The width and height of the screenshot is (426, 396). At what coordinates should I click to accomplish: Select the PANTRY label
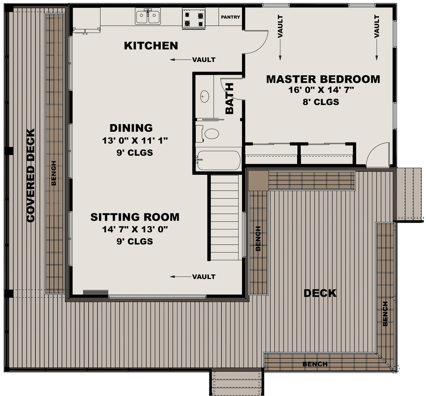click(x=230, y=17)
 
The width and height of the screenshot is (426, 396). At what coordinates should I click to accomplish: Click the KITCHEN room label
click(x=151, y=46)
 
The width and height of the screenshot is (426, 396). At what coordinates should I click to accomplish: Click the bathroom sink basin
click(x=205, y=96)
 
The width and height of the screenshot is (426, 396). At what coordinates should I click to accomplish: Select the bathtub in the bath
click(x=218, y=160)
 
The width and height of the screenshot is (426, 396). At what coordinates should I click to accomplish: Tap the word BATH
click(x=230, y=98)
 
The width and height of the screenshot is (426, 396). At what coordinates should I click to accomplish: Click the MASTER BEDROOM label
click(x=323, y=79)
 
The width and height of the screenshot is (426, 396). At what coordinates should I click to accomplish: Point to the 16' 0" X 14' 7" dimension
click(x=321, y=90)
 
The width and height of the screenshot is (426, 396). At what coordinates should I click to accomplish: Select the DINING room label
click(x=131, y=128)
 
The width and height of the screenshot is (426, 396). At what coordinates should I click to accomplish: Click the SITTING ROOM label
click(x=135, y=217)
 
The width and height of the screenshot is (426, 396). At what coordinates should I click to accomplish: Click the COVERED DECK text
click(x=31, y=175)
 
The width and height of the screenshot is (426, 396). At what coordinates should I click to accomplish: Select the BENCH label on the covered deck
click(x=54, y=173)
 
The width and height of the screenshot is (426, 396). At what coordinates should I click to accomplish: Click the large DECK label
click(x=320, y=293)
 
